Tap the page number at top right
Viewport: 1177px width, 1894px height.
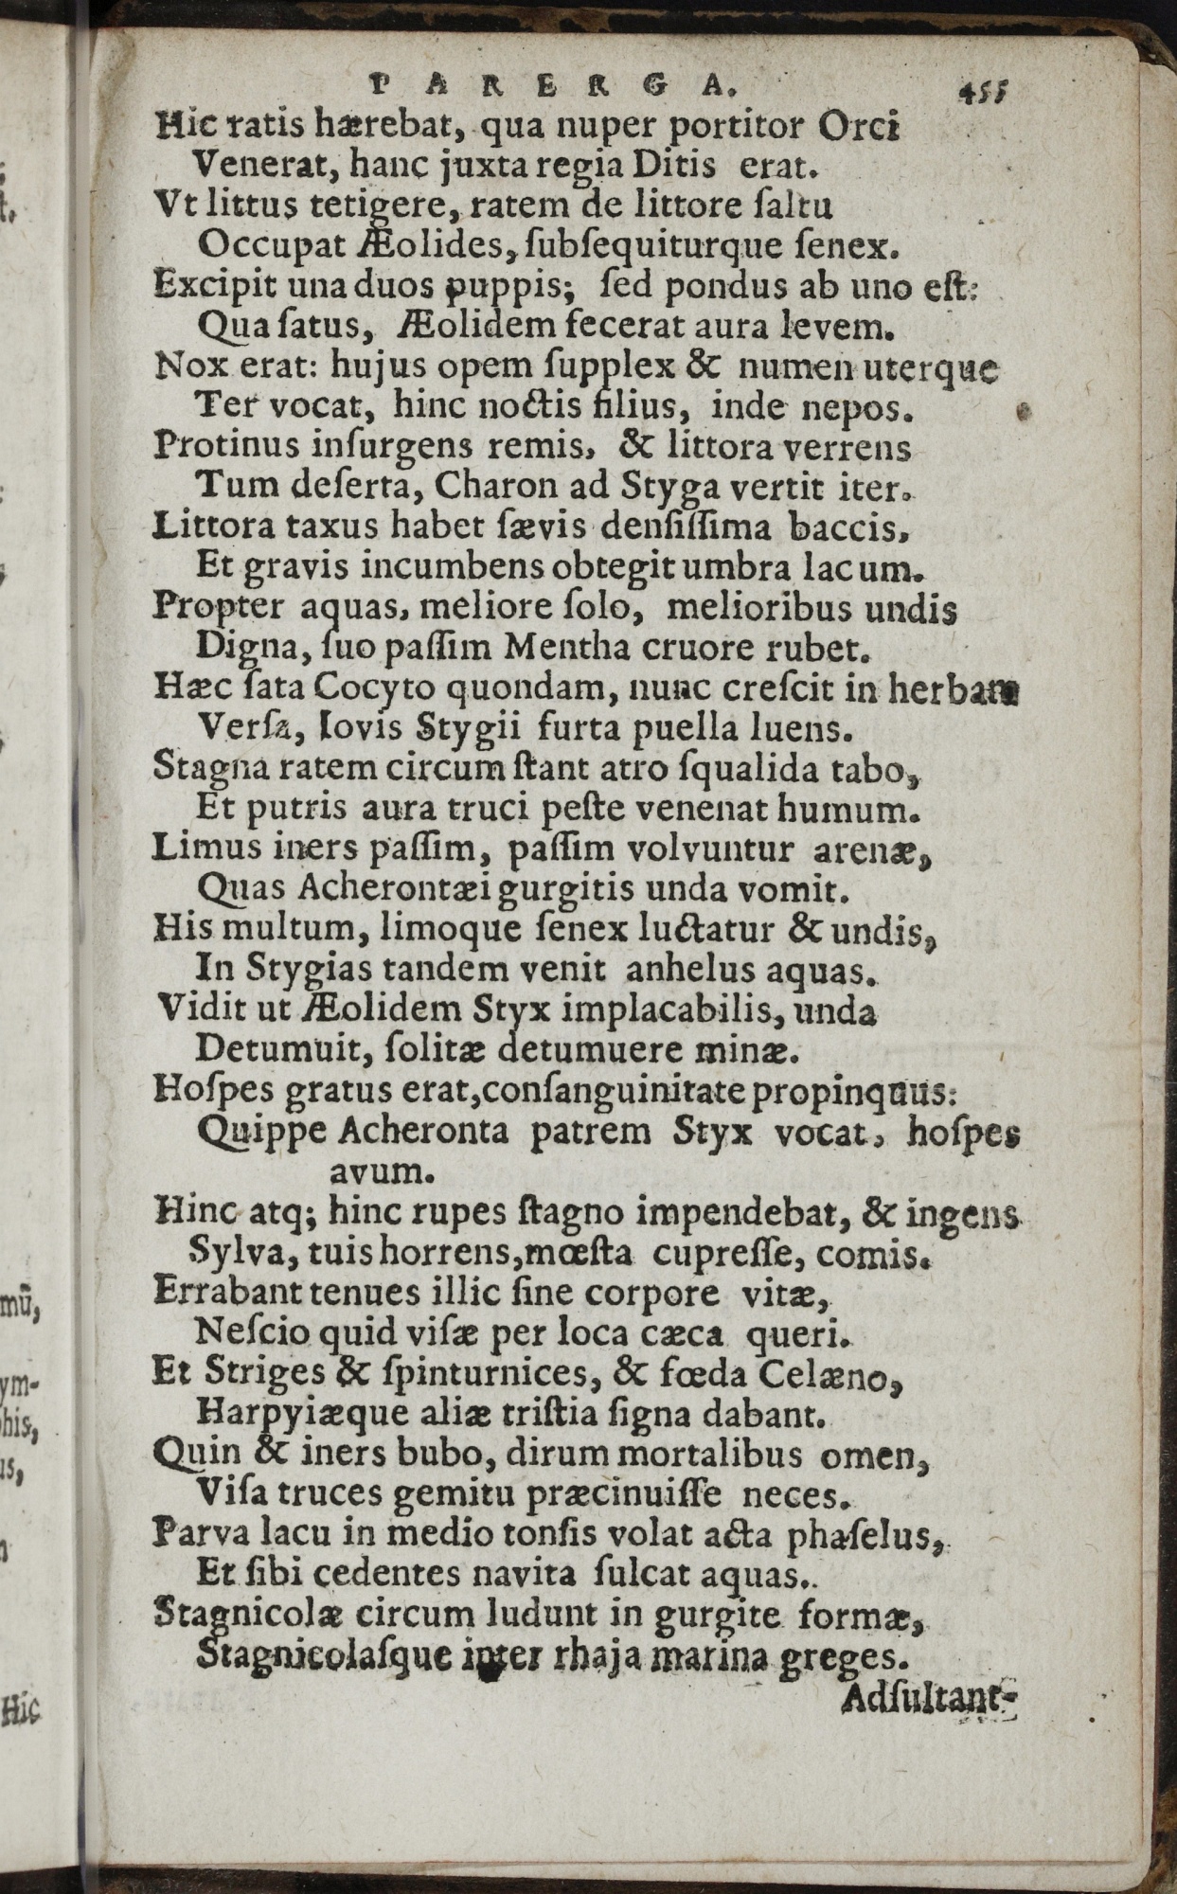coord(983,92)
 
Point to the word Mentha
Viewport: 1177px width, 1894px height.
coord(562,649)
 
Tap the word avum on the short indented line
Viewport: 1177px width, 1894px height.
coord(381,1172)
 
